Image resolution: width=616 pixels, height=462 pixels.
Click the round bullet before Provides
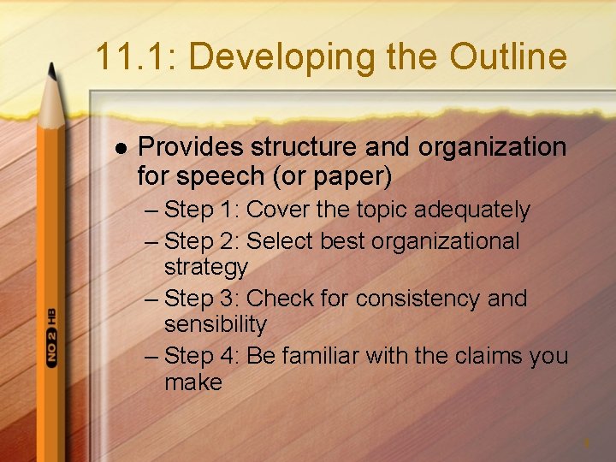coord(119,148)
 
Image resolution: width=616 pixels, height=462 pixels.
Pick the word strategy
coord(205,267)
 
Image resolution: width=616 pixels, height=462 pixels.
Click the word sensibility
coord(216,324)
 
